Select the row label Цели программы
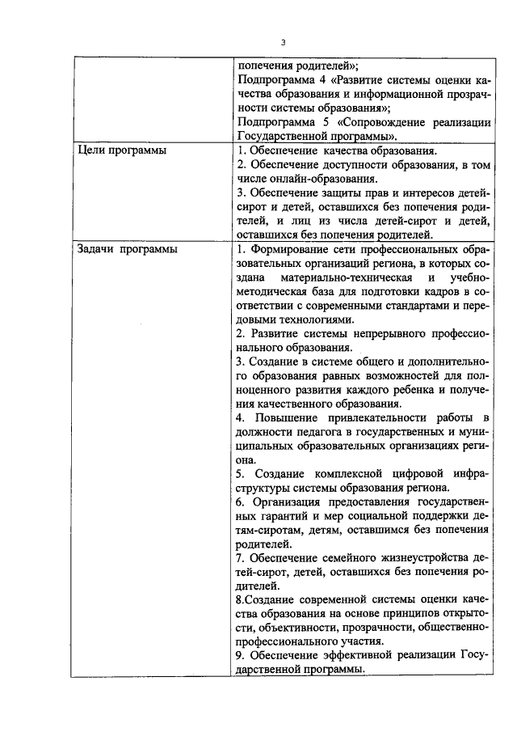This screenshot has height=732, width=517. (116, 150)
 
